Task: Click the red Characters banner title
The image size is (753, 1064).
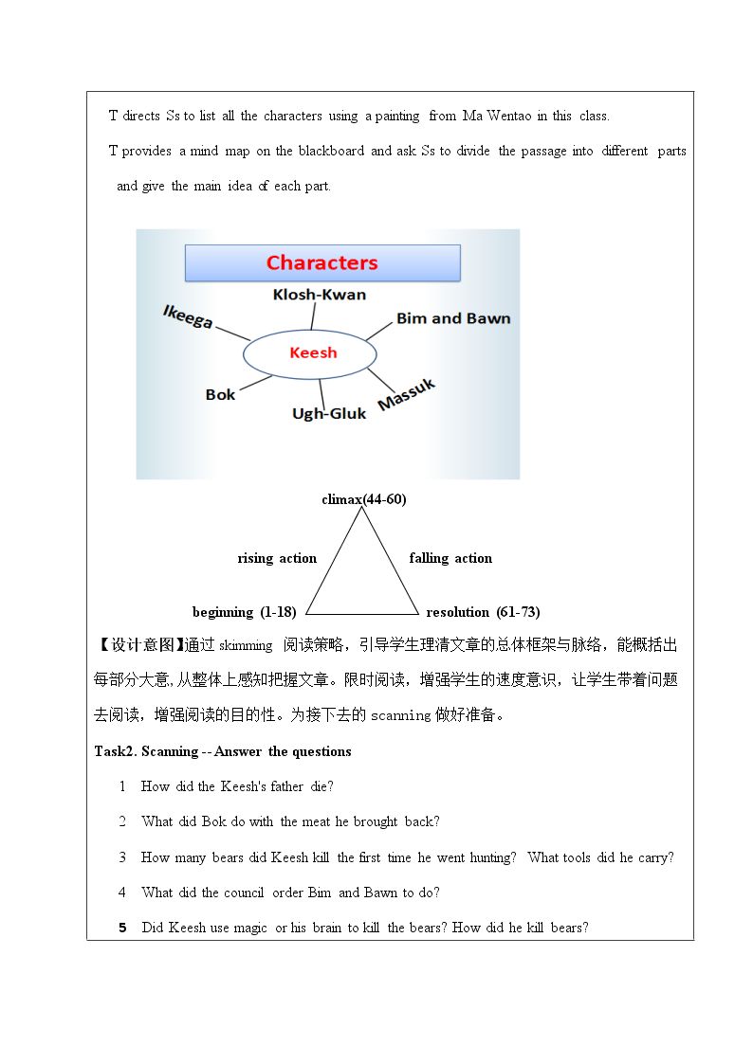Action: coord(321,262)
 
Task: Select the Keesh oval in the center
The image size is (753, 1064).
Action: coord(311,353)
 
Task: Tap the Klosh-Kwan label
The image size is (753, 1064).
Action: coord(319,295)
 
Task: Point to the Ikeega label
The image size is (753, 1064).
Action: coord(187,316)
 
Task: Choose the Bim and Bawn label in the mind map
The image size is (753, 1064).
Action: coord(452,318)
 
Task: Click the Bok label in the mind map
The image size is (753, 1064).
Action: coord(220,394)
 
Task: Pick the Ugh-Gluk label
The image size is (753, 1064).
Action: coord(329,413)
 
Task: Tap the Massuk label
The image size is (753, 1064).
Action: coord(406,394)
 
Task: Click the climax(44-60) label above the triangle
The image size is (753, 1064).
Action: coord(363,499)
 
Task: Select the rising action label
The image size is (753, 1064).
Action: coord(277,558)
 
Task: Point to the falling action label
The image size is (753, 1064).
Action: coord(450,558)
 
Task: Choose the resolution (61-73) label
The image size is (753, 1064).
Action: coord(483,612)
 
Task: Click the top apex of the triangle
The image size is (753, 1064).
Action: coord(361,509)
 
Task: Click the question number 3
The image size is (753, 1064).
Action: coord(122,857)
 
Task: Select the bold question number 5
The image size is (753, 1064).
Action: coord(122,928)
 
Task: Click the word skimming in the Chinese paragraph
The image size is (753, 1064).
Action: coord(245,646)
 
